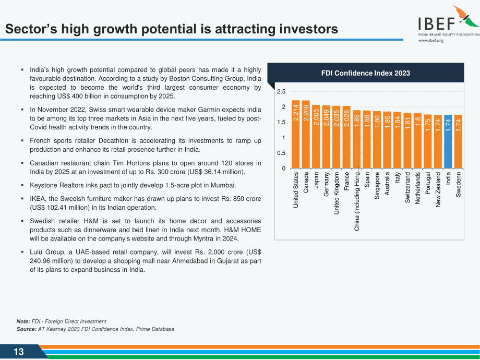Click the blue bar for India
448,142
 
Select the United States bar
295,135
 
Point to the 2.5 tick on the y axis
281,91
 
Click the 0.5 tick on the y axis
281,153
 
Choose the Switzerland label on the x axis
407,187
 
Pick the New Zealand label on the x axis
438,189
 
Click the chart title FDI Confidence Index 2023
366,73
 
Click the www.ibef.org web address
431,40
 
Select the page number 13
18,352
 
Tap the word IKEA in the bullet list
38,199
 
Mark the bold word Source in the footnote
26,329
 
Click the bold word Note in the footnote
23,321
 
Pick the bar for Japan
316,137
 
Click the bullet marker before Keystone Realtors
22,185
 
